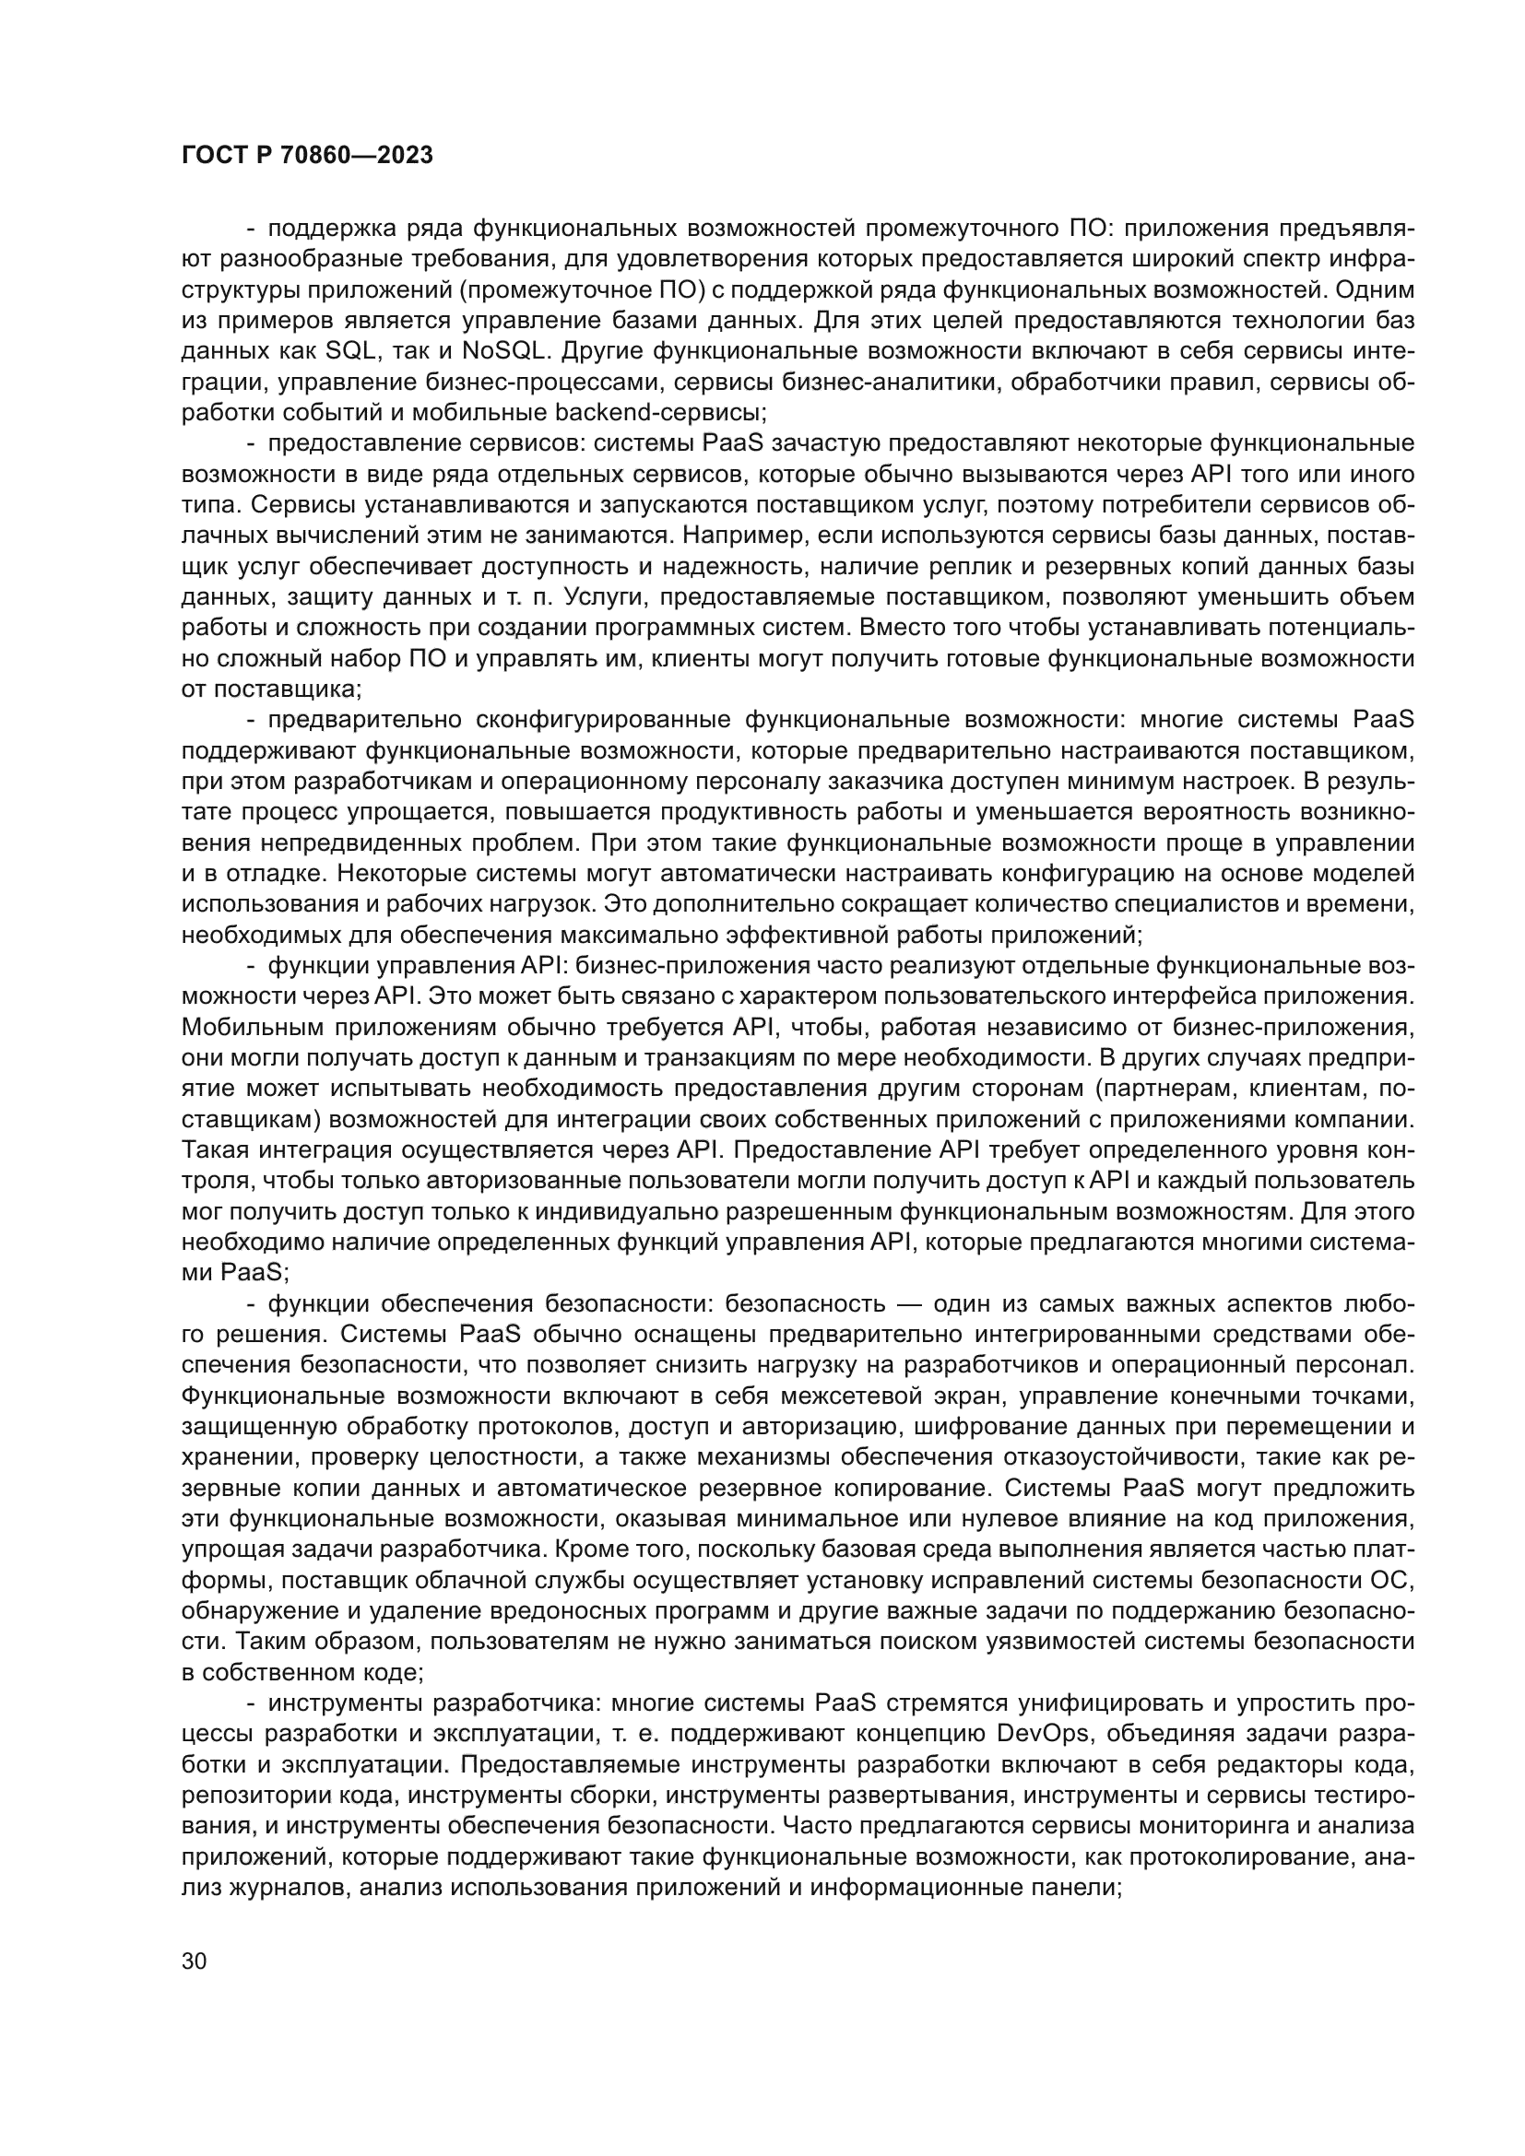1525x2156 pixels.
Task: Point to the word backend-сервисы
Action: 661,412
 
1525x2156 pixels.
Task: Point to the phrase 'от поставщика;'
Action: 271,689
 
